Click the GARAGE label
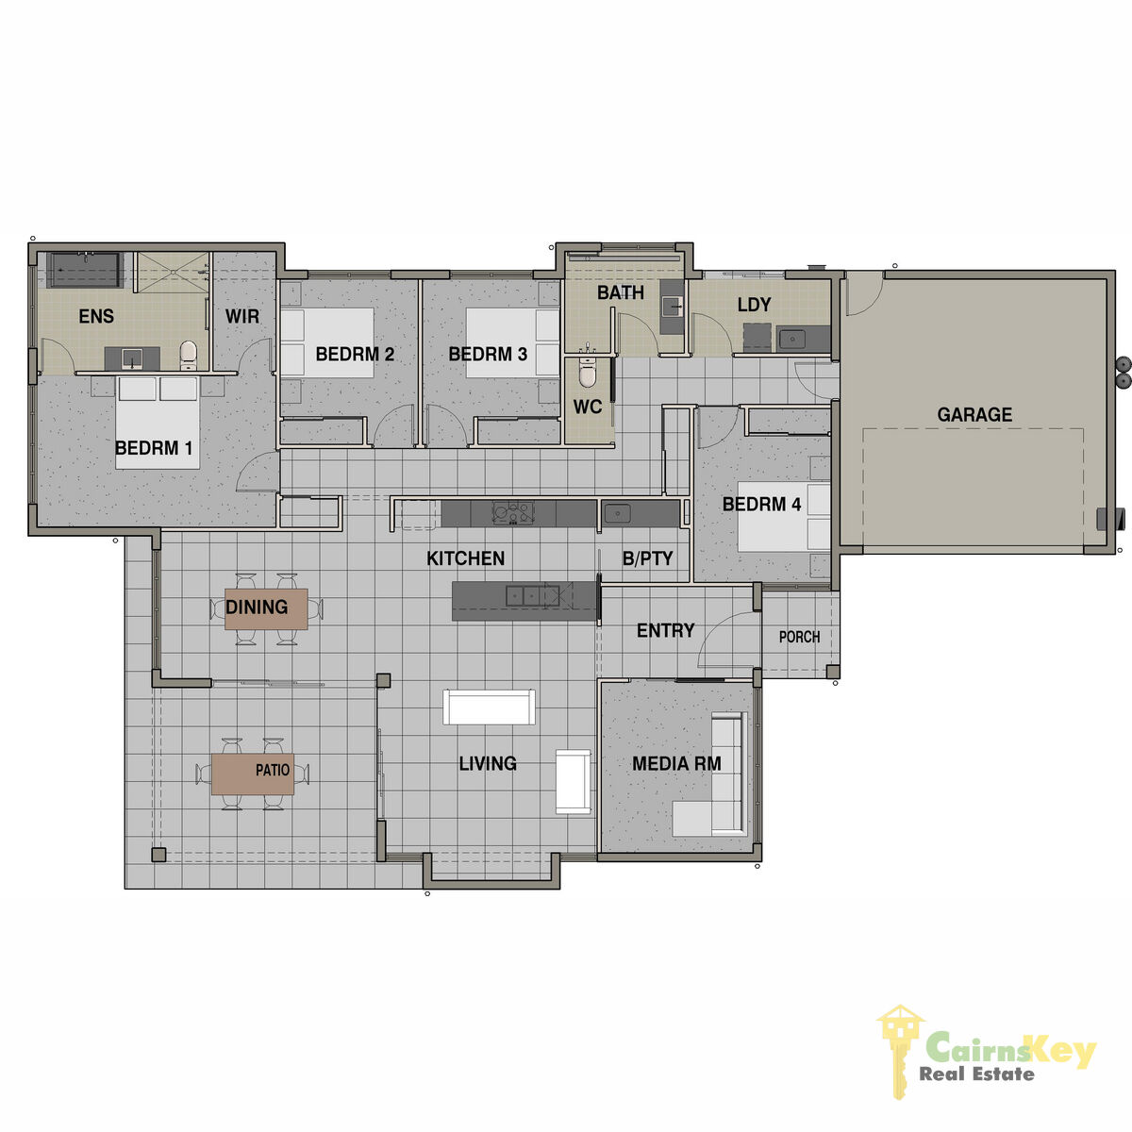click(x=974, y=415)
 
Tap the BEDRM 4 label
click(x=761, y=504)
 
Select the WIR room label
click(x=242, y=317)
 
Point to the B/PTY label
click(x=647, y=558)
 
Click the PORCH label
click(x=799, y=637)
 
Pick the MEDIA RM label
click(x=676, y=764)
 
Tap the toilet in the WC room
click(x=586, y=370)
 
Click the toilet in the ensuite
click(x=188, y=355)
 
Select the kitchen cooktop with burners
click(x=513, y=513)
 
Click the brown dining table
click(x=266, y=609)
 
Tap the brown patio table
click(x=253, y=774)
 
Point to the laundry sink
click(x=792, y=340)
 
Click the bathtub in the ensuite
click(x=85, y=270)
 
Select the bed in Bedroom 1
click(x=158, y=423)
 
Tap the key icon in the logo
click(x=898, y=1052)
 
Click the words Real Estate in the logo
click(x=976, y=1074)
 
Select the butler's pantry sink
click(x=616, y=513)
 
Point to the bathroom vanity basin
click(x=672, y=306)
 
